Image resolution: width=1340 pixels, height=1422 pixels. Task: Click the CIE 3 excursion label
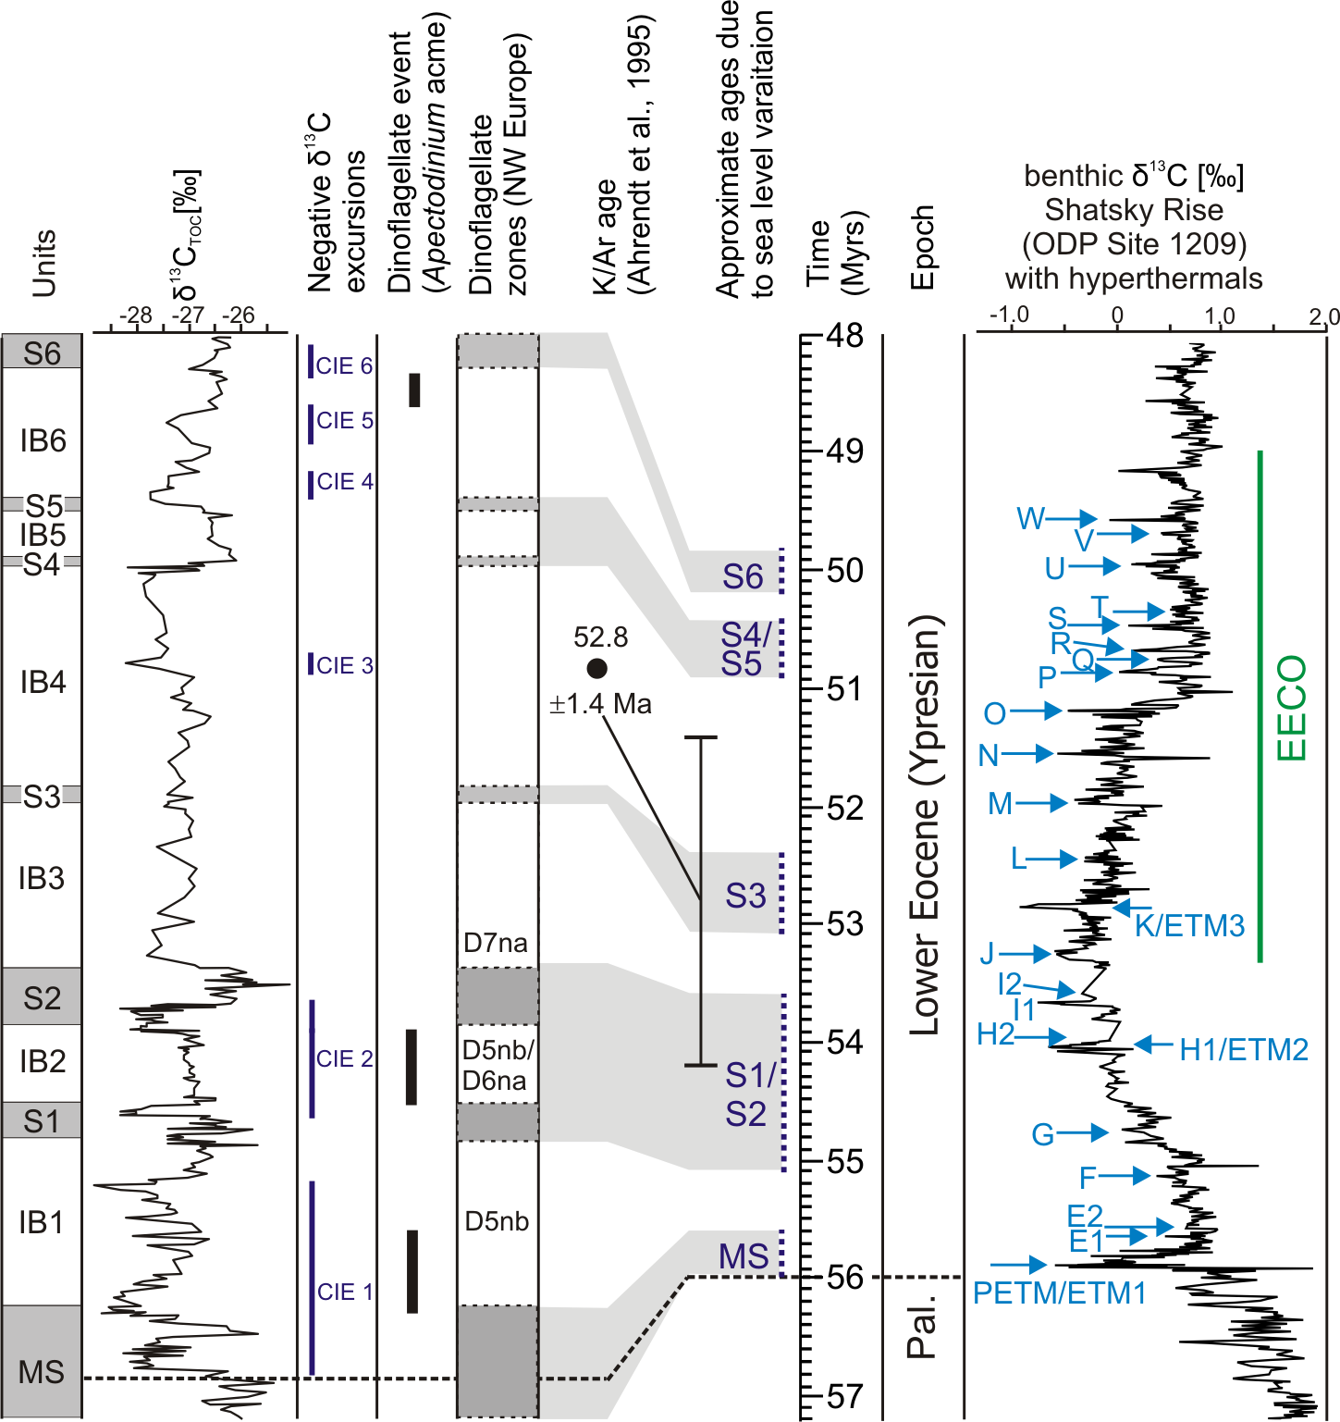[344, 665]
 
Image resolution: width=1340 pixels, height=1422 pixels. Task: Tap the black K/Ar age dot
[596, 668]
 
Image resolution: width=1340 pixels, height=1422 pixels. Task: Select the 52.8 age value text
[600, 637]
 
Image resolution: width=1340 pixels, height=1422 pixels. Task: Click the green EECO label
[1291, 708]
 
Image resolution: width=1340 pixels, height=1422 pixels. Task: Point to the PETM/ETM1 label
[1059, 1292]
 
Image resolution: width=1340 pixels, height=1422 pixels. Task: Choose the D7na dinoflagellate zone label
[496, 943]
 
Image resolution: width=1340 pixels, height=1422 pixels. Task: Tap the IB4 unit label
[43, 682]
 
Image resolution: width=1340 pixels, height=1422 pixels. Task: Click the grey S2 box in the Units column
[42, 997]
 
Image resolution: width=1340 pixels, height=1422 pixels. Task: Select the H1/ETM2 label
[1244, 1049]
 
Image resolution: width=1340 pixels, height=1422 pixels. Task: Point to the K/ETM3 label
[1189, 925]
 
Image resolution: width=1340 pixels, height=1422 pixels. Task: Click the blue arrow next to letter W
[1072, 519]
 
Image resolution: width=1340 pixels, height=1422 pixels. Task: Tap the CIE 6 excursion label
[344, 365]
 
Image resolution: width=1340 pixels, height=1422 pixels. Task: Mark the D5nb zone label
[497, 1221]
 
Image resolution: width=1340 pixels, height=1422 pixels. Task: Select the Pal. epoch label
[921, 1326]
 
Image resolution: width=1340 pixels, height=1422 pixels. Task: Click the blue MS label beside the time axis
[744, 1255]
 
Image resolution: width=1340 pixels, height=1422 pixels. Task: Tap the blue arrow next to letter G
[1083, 1132]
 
